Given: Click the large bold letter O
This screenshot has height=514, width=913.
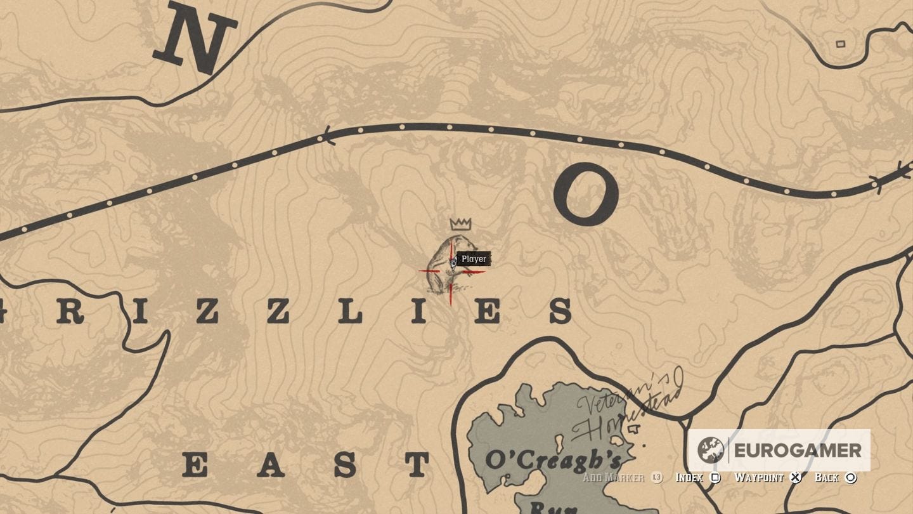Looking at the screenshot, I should tap(585, 195).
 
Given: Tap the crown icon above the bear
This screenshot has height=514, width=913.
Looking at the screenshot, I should tap(461, 223).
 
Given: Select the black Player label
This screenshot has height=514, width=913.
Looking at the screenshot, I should tap(474, 259).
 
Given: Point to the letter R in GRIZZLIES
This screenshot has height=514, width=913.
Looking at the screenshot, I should tap(70, 312).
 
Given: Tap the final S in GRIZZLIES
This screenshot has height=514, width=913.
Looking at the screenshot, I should tap(560, 312).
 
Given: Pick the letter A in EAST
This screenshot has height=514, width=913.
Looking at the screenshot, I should tap(270, 465).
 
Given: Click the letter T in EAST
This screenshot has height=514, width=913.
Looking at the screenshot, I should tap(417, 465).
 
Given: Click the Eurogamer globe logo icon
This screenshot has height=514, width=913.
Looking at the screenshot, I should tap(711, 450).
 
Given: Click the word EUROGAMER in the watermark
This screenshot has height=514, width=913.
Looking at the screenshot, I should tap(798, 450).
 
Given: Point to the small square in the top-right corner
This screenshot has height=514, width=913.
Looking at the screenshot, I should tap(840, 44).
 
